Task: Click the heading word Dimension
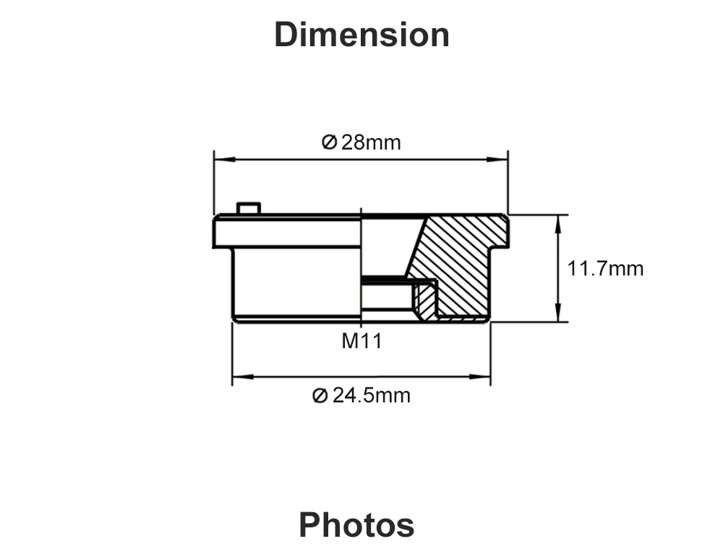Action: [362, 35]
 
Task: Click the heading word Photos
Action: [356, 524]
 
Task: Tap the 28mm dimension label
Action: [371, 142]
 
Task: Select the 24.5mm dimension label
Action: [371, 395]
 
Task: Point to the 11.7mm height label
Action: [605, 269]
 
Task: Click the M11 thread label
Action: [362, 342]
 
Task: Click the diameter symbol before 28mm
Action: [329, 142]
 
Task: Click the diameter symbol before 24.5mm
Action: [320, 395]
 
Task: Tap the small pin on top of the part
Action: [249, 208]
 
